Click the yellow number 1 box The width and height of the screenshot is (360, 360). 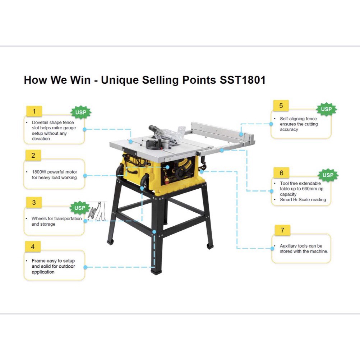34,111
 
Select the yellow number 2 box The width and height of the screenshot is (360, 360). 33,156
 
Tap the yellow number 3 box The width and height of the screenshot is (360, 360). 34,202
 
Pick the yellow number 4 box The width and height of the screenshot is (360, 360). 33,246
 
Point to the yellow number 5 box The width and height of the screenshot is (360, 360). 281,106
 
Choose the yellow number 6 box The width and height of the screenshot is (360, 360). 281,173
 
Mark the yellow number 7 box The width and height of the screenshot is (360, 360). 283,230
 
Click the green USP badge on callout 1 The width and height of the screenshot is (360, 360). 81,112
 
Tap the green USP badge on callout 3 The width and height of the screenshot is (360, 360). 80,208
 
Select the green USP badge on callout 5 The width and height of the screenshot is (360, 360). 326,109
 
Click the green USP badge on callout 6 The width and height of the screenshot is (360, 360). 328,175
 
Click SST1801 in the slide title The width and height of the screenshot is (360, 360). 243,80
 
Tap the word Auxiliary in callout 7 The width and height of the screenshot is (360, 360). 288,246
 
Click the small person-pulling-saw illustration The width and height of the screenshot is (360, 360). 97,211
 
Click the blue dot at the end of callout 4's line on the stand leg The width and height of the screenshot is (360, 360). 154,232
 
